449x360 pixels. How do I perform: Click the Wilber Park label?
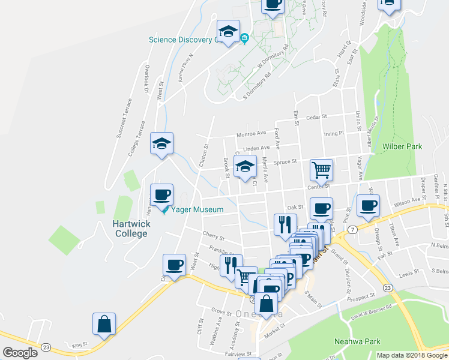(402, 146)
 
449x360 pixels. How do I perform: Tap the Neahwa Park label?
(357, 342)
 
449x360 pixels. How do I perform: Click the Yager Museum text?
(197, 210)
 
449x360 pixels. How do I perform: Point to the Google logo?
(20, 353)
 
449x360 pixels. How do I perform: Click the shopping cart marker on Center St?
(322, 170)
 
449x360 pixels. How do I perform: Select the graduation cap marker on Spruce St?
(245, 166)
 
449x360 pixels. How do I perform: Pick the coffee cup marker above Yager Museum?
(161, 194)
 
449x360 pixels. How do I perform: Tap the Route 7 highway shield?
(353, 230)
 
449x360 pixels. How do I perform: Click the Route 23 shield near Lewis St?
(388, 288)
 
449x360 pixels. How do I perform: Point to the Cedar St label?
(316, 117)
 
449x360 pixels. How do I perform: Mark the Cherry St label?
(214, 236)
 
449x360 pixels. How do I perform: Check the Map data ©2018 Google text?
(411, 355)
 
